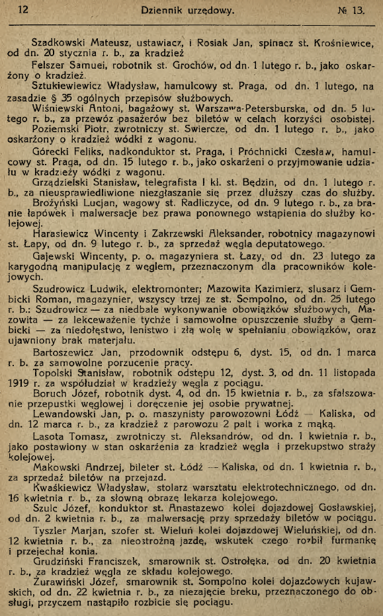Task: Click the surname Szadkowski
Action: pos(62,44)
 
